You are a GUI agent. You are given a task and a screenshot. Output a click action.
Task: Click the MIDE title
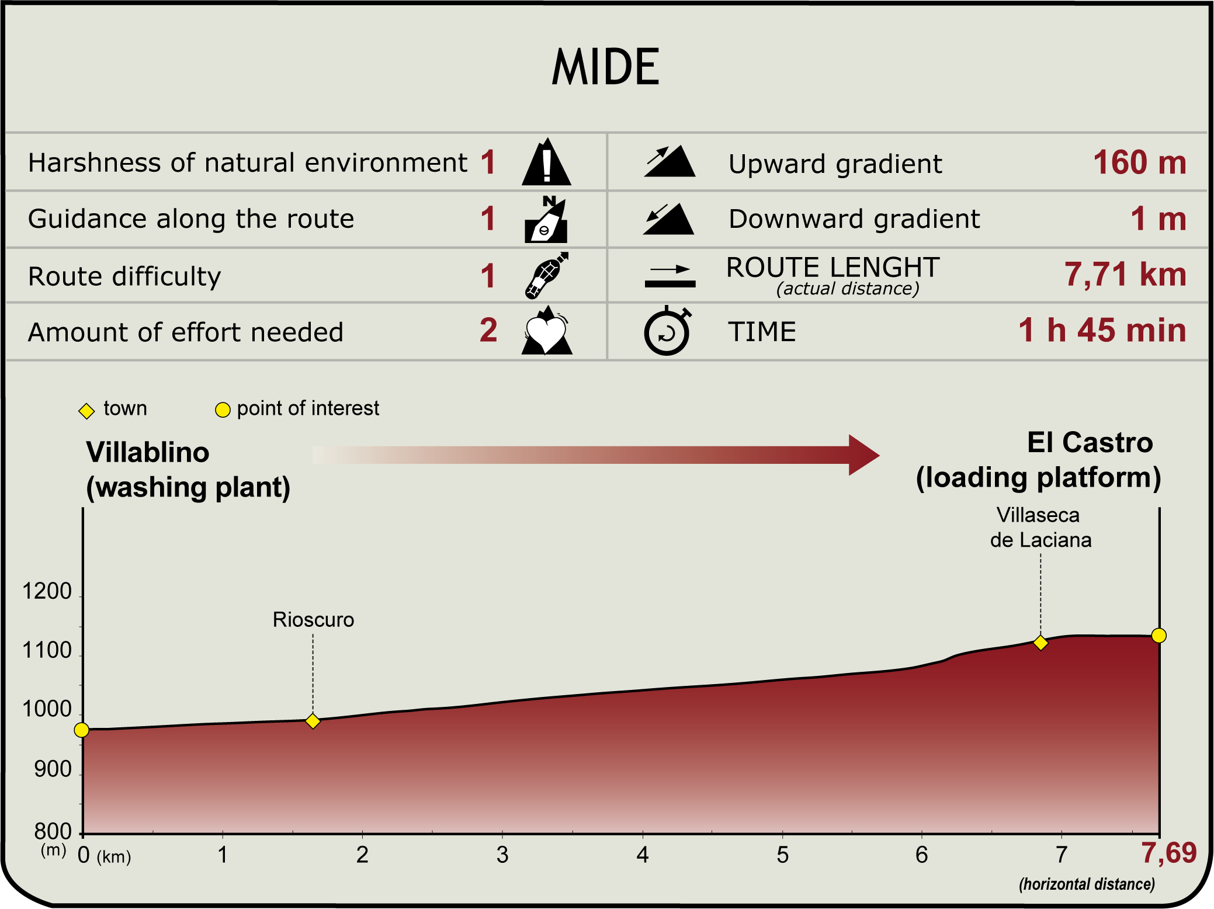click(606, 67)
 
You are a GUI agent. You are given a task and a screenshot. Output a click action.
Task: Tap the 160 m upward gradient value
click(1139, 162)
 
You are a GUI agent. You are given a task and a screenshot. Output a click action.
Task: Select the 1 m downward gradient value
click(1158, 219)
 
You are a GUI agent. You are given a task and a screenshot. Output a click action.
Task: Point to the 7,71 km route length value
click(1125, 275)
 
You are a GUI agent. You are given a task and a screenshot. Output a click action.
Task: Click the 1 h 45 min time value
click(1102, 330)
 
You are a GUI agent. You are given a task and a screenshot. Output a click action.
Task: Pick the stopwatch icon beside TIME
click(668, 330)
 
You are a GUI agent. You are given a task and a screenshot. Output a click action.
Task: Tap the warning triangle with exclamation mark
click(546, 162)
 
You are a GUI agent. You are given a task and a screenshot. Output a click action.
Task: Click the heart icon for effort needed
click(546, 331)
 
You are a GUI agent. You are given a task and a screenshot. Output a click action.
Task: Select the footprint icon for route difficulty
click(547, 275)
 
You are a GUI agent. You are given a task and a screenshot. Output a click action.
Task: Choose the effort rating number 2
click(488, 330)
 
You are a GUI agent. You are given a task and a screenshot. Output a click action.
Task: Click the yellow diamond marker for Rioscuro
click(313, 721)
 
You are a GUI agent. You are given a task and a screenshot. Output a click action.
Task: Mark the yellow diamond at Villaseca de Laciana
click(1040, 643)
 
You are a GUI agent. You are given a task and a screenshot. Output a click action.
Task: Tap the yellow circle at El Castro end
click(1159, 636)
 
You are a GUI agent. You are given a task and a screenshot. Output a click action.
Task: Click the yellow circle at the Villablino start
click(82, 730)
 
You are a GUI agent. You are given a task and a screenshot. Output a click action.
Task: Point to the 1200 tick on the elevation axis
click(47, 592)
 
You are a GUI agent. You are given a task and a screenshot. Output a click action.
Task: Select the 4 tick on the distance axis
click(643, 855)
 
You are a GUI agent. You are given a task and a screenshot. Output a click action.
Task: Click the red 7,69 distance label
click(1169, 854)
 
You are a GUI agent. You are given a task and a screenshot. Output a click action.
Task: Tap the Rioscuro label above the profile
click(313, 620)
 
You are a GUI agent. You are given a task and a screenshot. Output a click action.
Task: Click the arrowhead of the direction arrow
click(864, 454)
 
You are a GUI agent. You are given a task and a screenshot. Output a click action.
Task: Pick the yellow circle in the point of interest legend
click(223, 410)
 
